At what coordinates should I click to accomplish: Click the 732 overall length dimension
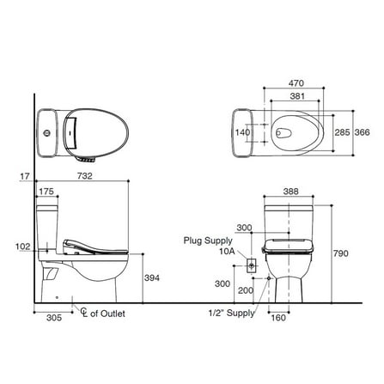coord(85,176)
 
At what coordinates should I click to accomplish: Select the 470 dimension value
coord(296,83)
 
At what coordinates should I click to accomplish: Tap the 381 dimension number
coord(297,96)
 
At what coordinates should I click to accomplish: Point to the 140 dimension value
coord(242,132)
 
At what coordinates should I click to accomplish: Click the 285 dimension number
coord(342,132)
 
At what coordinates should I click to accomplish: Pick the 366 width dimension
coord(363,132)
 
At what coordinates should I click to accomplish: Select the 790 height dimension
coord(341,253)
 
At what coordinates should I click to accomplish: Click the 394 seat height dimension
coord(152,277)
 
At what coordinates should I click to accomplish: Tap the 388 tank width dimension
coord(290,192)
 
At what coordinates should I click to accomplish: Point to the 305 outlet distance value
coord(54,317)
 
